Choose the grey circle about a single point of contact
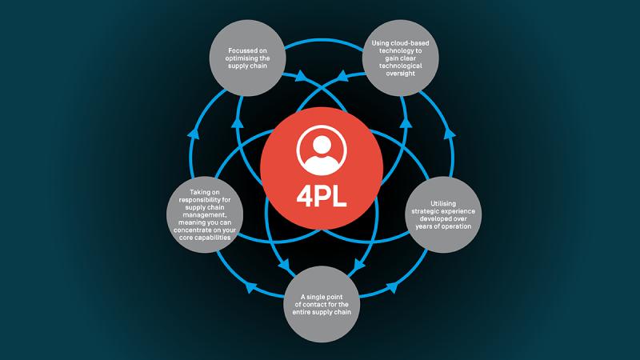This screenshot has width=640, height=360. pos(320,305)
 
